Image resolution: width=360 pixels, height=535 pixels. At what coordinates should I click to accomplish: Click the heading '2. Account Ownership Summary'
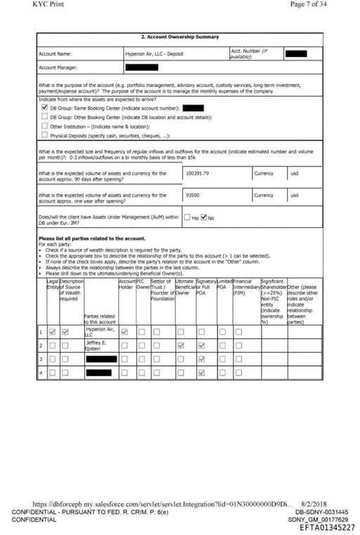coord(180,37)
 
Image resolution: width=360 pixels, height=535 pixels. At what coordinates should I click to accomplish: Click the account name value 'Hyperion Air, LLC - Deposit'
coord(155,53)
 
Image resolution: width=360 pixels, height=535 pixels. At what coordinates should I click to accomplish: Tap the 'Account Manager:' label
coord(59,67)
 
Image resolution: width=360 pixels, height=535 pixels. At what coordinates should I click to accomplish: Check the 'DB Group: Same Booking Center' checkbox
coord(44,108)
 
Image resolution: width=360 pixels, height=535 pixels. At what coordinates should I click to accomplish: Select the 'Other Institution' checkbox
coord(44,127)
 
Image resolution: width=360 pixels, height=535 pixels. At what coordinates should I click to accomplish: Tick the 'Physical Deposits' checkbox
coord(44,135)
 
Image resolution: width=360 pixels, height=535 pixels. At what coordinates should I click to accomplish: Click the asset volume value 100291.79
coord(198,173)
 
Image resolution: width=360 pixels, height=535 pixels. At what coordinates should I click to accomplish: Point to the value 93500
coord(193,195)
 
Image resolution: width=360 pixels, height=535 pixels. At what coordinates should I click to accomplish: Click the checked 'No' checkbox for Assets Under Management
coord(204,217)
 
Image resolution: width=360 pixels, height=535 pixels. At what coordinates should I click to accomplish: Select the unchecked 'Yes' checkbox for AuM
coord(187,217)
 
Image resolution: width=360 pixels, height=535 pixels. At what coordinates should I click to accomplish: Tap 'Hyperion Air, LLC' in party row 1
coord(98,332)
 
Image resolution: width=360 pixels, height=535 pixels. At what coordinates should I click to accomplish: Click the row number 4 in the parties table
coord(41,372)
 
